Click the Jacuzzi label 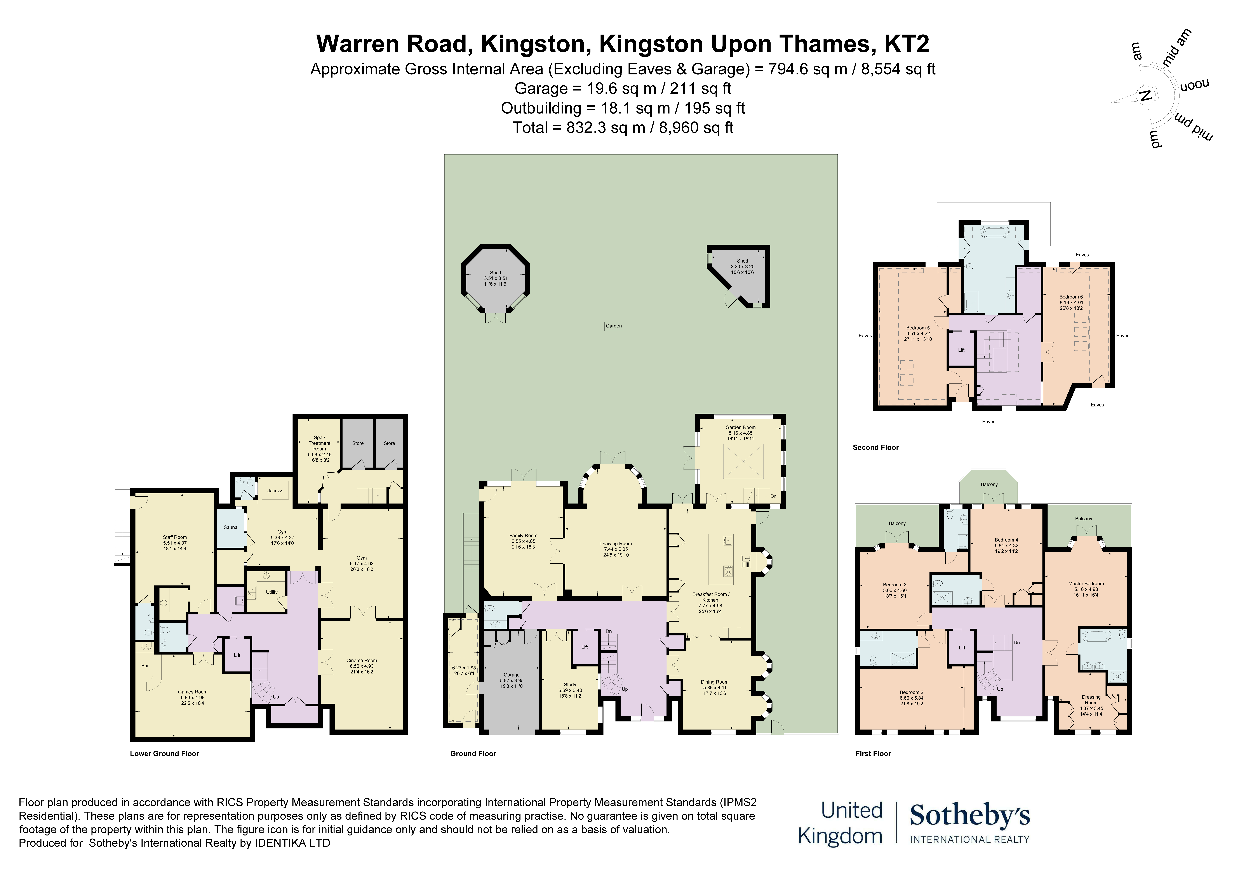coord(275,491)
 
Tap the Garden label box coord(614,326)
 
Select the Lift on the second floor coord(961,350)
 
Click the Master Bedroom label coord(1086,583)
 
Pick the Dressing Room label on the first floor coord(1091,700)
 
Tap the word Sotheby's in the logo coord(969,816)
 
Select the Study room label coord(570,684)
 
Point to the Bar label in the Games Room coord(145,665)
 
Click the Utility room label coord(272,592)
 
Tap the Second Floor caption coord(875,448)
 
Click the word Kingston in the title coord(535,44)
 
